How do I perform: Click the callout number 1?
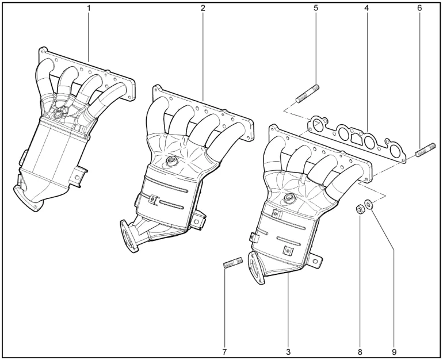click(89, 8)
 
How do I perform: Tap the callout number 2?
click(203, 8)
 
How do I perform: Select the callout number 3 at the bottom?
click(288, 352)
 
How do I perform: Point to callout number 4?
click(366, 8)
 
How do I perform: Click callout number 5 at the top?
click(316, 8)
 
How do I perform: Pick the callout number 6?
click(419, 8)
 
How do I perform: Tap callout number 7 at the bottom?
click(224, 352)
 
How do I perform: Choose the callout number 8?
click(360, 352)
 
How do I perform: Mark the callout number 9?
click(394, 352)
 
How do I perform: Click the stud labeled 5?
click(307, 94)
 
